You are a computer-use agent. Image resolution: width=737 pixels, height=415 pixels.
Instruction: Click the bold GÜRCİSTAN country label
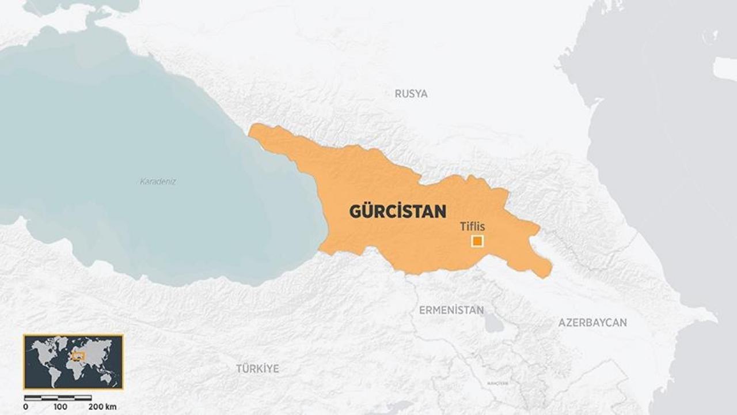pyautogui.click(x=397, y=212)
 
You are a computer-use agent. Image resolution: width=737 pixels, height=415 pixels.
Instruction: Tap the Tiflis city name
pyautogui.click(x=472, y=227)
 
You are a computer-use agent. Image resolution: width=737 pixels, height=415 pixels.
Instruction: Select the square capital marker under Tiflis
pyautogui.click(x=477, y=241)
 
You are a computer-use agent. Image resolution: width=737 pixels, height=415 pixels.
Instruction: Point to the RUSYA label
pyautogui.click(x=411, y=93)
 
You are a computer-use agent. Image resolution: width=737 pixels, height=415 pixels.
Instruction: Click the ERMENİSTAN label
pyautogui.click(x=451, y=310)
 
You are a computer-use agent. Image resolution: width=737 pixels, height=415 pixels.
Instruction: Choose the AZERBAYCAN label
pyautogui.click(x=592, y=323)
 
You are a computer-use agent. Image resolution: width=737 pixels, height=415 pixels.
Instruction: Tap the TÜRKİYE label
pyautogui.click(x=257, y=368)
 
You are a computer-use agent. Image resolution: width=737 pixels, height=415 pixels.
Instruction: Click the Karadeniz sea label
pyautogui.click(x=158, y=181)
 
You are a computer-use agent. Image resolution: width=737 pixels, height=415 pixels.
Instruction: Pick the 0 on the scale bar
pyautogui.click(x=25, y=407)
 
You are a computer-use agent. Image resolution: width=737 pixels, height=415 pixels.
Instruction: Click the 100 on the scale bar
pyautogui.click(x=60, y=407)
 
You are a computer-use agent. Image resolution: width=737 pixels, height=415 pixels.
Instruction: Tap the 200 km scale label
pyautogui.click(x=102, y=407)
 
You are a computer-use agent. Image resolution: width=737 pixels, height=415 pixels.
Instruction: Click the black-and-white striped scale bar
pyautogui.click(x=58, y=398)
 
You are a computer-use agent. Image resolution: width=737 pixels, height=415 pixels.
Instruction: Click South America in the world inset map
pyautogui.click(x=54, y=372)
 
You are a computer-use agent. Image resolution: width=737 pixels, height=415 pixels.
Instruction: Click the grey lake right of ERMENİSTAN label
pyautogui.click(x=494, y=324)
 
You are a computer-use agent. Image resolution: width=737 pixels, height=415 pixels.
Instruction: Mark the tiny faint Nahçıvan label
pyautogui.click(x=497, y=383)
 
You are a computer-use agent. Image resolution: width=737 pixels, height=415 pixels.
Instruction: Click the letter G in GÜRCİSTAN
pyautogui.click(x=356, y=212)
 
